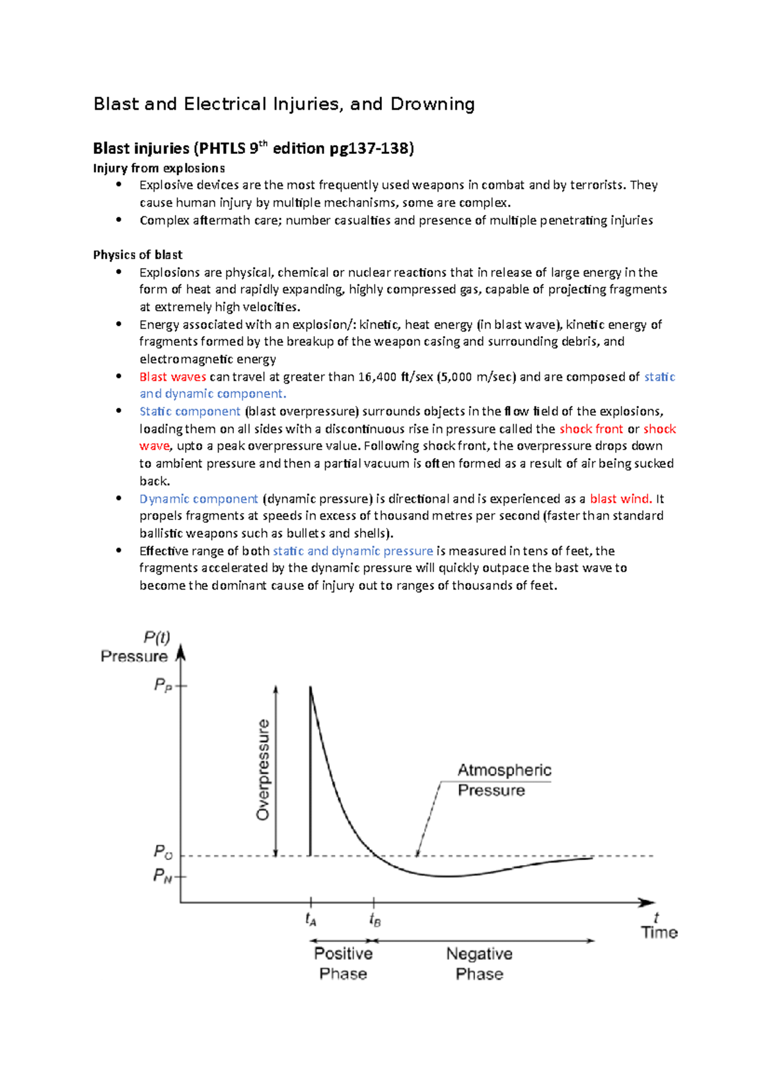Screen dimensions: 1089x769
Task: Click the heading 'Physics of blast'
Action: click(138, 255)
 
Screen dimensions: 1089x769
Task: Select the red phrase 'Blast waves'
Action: click(172, 377)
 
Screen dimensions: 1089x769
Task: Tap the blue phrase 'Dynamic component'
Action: click(199, 499)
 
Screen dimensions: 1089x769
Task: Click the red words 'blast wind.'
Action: click(620, 499)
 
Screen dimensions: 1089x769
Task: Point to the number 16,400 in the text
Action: click(378, 377)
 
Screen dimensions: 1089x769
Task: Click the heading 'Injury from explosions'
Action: click(159, 168)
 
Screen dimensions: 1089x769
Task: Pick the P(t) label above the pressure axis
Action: click(156, 637)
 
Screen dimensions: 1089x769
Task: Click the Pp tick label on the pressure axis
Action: click(163, 685)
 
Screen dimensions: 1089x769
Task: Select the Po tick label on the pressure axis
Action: click(163, 852)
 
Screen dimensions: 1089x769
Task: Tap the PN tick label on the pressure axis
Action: click(163, 875)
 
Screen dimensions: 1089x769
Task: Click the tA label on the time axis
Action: click(311, 920)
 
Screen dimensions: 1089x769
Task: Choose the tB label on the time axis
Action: click(375, 920)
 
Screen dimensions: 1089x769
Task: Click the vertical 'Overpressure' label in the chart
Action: click(263, 770)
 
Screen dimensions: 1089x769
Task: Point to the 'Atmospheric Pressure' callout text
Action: click(504, 780)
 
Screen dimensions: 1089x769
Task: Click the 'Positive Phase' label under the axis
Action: click(343, 963)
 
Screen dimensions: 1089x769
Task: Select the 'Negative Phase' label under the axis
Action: click(479, 963)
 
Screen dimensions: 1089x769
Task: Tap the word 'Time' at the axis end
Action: click(659, 933)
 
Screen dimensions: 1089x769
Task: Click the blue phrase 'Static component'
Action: click(190, 412)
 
